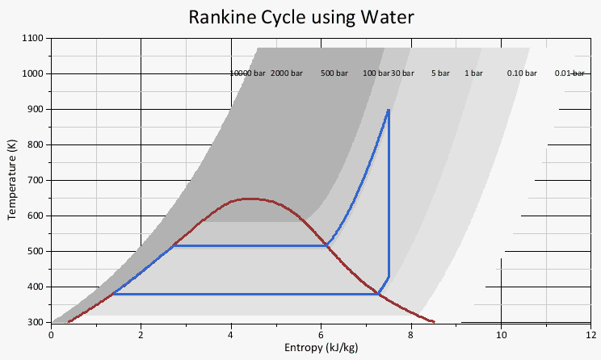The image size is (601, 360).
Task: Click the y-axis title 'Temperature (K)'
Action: (12, 180)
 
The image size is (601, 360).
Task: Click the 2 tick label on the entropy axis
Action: (141, 334)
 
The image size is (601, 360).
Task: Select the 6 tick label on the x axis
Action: (322, 334)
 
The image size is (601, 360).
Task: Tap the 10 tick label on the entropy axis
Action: (501, 334)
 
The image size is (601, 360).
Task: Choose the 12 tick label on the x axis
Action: (590, 334)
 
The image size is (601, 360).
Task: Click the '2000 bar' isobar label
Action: (287, 73)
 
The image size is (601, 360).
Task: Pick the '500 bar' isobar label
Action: (334, 73)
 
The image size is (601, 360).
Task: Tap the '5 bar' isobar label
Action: (440, 73)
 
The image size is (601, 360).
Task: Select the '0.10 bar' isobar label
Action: (522, 73)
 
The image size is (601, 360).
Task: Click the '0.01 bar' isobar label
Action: (569, 73)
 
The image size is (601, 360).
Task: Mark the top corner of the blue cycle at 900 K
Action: (389, 110)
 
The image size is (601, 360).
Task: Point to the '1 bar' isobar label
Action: (473, 73)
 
